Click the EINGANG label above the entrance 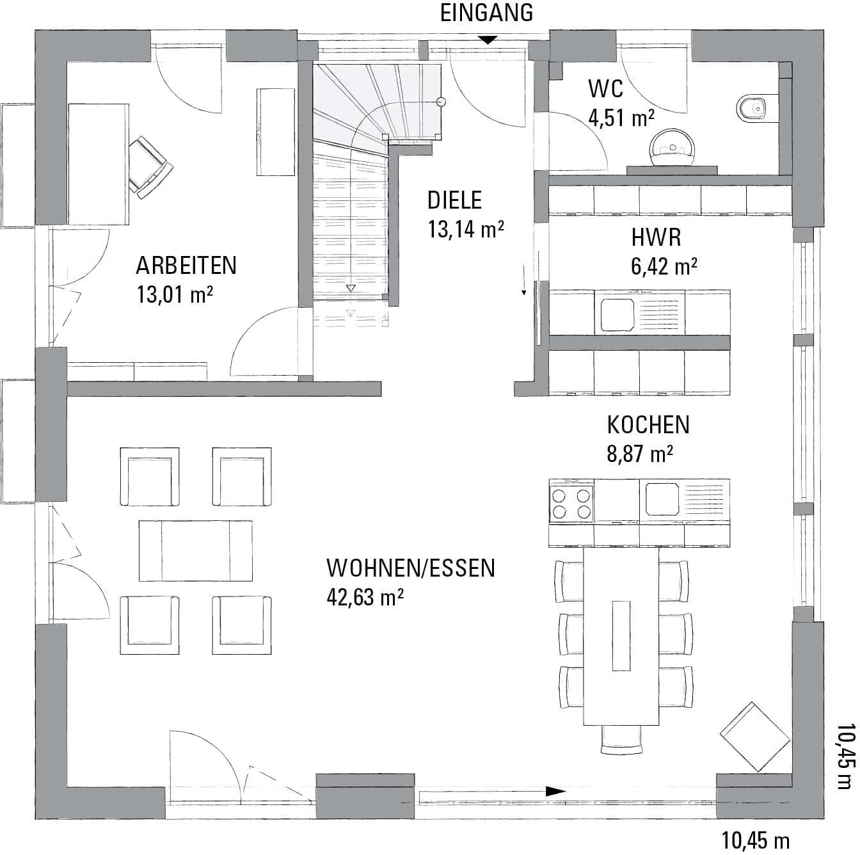tap(486, 13)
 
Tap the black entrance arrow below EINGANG tap(489, 40)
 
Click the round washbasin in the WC tap(673, 148)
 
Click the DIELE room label tap(454, 200)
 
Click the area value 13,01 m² tap(175, 294)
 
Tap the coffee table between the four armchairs tap(195, 550)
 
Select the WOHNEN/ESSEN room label tap(411, 568)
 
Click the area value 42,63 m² tap(365, 597)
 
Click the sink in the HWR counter tap(617, 315)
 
